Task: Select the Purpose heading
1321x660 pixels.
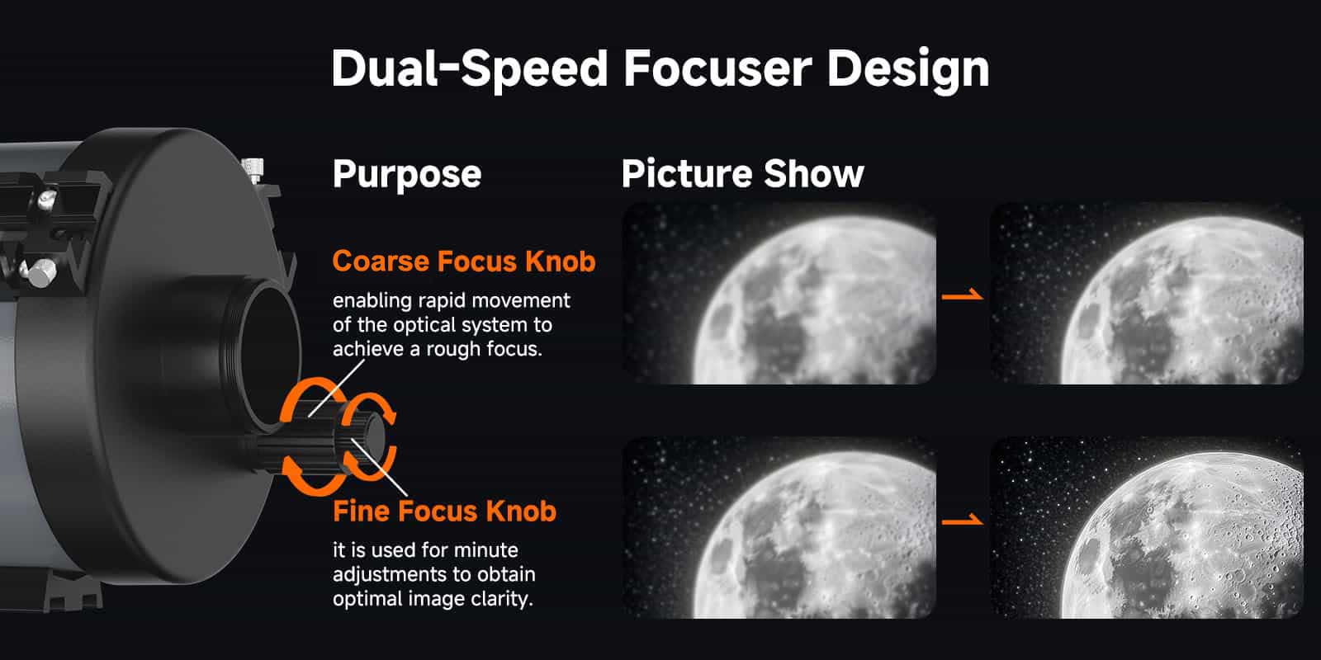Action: pos(406,174)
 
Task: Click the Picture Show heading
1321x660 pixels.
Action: pos(742,174)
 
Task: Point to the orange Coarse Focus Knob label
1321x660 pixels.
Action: pos(463,262)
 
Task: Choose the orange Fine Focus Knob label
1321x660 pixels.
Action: pos(444,511)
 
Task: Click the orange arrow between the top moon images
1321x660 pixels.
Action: pos(963,295)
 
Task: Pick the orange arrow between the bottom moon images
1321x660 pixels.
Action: pos(963,520)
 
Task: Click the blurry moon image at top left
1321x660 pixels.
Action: pos(779,294)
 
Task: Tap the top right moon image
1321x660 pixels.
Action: pos(1146,294)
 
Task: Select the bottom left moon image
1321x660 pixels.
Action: pos(779,528)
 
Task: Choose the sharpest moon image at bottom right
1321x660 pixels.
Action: pos(1146,528)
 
